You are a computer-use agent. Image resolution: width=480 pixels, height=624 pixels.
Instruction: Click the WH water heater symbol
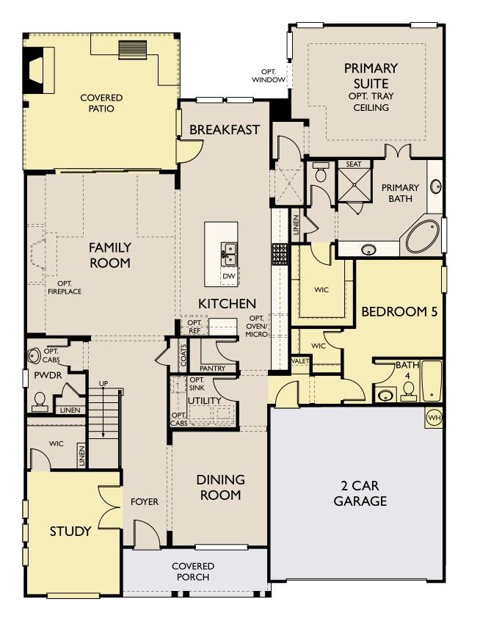point(433,418)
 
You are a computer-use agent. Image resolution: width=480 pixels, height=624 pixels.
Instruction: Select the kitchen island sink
point(230,254)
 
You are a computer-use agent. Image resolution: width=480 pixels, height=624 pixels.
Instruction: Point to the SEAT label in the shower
point(354,164)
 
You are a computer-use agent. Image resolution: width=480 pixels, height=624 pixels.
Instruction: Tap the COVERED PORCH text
point(194,571)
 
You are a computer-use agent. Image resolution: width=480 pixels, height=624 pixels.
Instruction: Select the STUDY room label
point(70,531)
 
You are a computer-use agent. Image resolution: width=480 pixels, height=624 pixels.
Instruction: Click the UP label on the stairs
point(103,384)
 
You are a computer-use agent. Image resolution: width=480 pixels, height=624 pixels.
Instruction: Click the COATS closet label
point(183,355)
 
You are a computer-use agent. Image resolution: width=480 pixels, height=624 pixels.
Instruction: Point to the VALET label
point(300,361)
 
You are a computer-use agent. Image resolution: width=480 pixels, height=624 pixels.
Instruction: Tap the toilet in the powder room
point(39,400)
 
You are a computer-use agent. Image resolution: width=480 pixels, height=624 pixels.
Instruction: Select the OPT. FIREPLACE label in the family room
point(65,288)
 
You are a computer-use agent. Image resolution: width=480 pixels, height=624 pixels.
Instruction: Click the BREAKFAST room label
point(225,130)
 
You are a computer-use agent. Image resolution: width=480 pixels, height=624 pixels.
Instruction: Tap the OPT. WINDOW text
point(268,76)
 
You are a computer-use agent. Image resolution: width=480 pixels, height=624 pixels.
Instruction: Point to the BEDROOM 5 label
point(399,311)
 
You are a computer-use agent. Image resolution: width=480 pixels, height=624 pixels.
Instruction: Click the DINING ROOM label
point(220,487)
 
